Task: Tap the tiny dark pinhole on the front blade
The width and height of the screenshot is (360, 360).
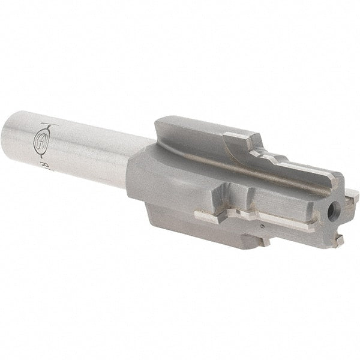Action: point(262,227)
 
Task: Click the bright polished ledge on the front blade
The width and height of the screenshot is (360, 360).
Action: point(252,216)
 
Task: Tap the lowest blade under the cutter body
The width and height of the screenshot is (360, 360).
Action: point(198,228)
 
